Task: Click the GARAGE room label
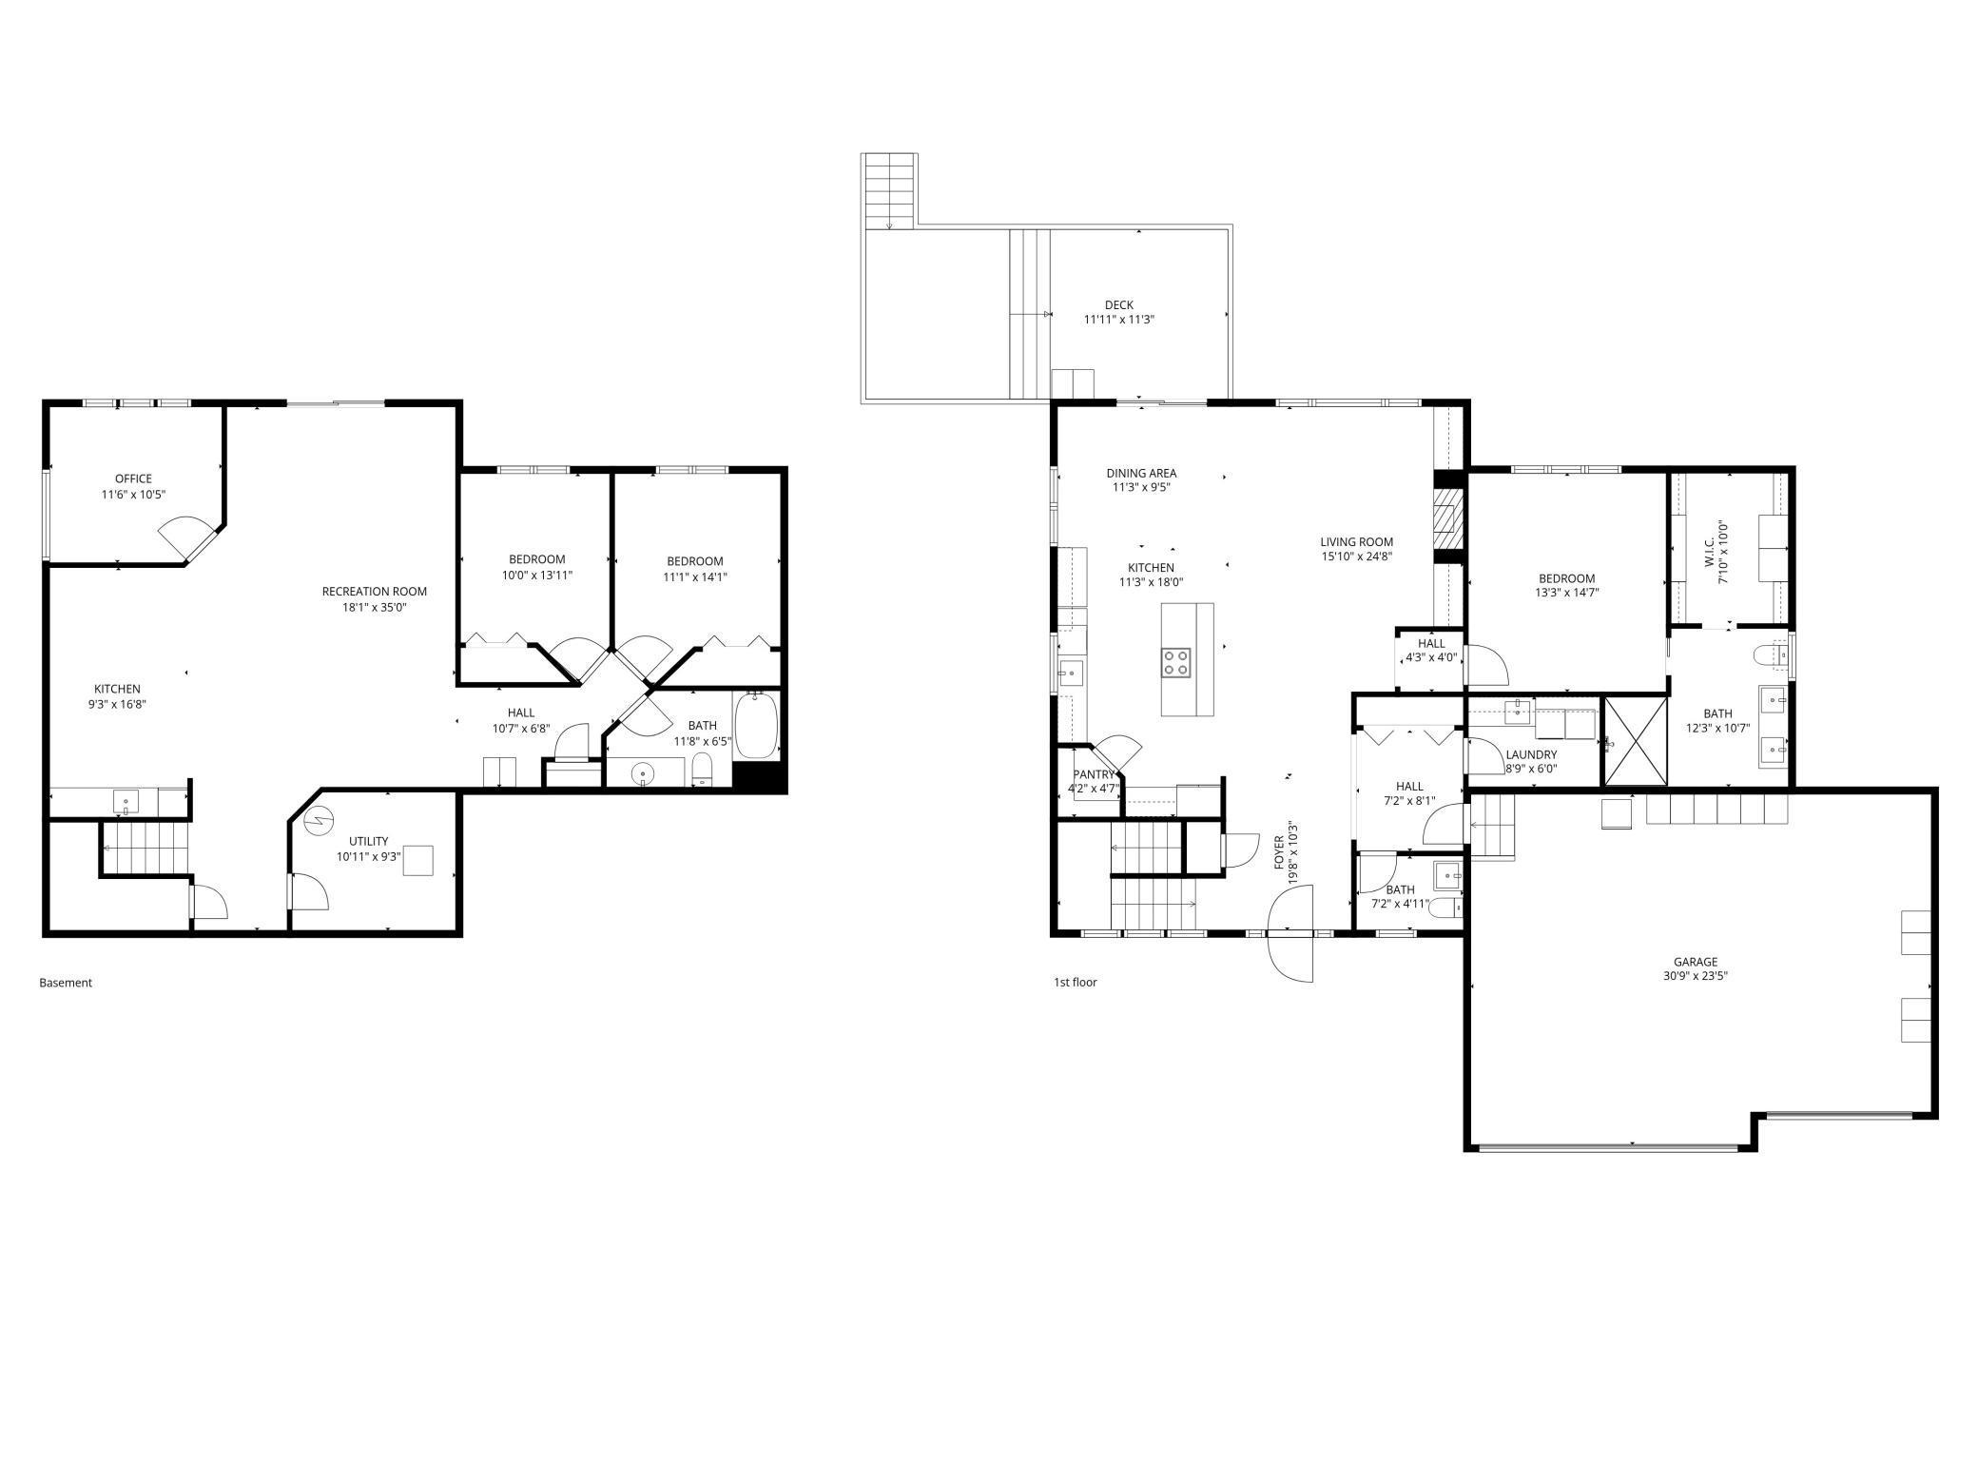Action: pos(1696,962)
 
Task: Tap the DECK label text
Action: pos(1119,305)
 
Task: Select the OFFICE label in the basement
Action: pos(133,478)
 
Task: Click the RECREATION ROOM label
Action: pos(375,591)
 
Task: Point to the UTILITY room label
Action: pos(368,841)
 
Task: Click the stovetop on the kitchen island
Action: pos(1175,662)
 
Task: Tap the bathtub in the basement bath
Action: pos(757,725)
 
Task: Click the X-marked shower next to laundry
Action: pos(1636,742)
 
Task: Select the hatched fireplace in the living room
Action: pos(1445,519)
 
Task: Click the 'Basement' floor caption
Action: pos(66,983)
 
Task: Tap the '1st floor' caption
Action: pos(1075,982)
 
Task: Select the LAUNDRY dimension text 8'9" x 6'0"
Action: pos(1531,769)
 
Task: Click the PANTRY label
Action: pos(1094,774)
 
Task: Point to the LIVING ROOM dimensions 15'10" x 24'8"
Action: pos(1356,556)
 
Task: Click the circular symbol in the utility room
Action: pos(320,818)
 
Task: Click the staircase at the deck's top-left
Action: pos(889,189)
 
